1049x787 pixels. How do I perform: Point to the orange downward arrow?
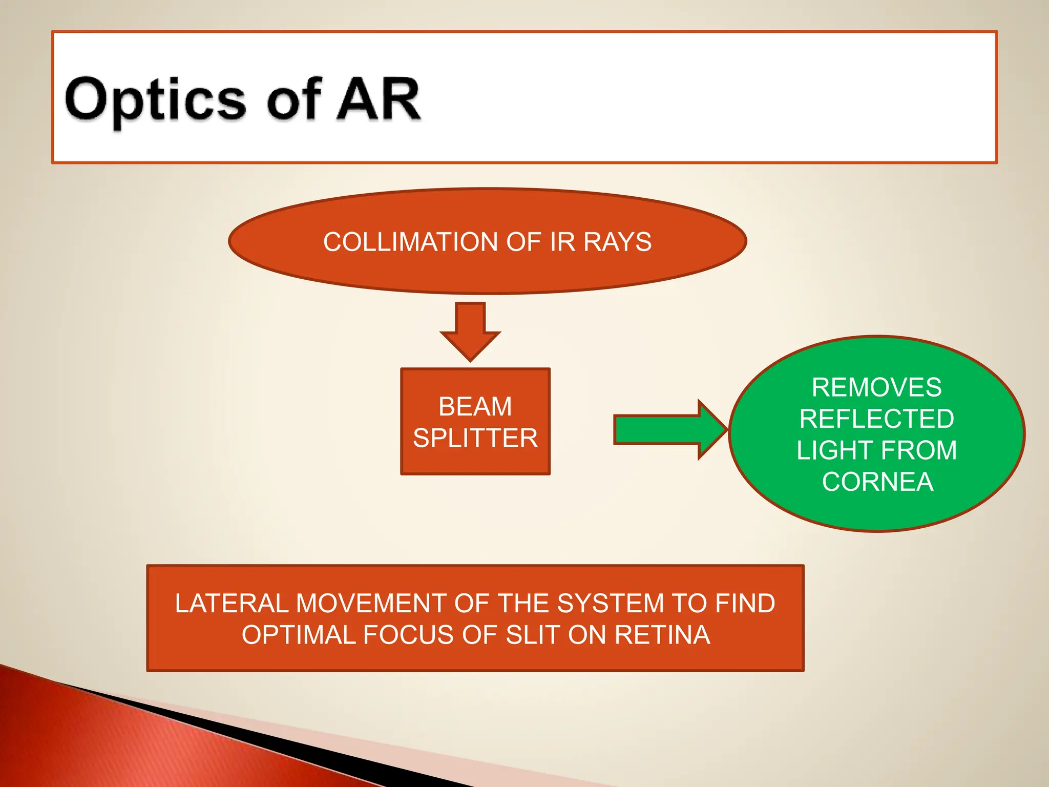pyautogui.click(x=470, y=331)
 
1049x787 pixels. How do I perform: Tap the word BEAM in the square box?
pyautogui.click(x=475, y=407)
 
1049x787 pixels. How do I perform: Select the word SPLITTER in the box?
pyautogui.click(x=475, y=438)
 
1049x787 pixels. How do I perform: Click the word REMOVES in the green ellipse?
pyautogui.click(x=876, y=387)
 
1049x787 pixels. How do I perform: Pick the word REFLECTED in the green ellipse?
pyautogui.click(x=876, y=419)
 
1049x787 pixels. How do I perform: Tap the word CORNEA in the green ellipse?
pyautogui.click(x=877, y=482)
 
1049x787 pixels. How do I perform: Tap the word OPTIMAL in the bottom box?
pyautogui.click(x=299, y=635)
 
